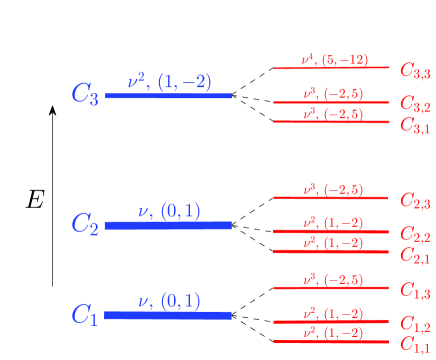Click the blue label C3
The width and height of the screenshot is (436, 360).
click(85, 95)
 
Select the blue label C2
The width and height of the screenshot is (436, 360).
click(85, 225)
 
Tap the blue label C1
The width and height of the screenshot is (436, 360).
click(85, 316)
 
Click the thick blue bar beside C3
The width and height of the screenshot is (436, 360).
click(168, 95)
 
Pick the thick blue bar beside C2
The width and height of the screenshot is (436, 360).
click(168, 225)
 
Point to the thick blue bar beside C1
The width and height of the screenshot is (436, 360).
click(168, 315)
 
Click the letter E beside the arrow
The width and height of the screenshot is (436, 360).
click(35, 200)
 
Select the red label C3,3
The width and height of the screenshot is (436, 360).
click(415, 70)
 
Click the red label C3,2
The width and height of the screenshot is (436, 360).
click(415, 104)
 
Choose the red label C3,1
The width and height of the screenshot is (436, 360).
click(415, 124)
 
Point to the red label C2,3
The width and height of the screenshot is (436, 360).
click(415, 201)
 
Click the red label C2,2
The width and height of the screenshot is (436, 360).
click(415, 234)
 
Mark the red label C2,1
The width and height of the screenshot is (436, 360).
click(415, 254)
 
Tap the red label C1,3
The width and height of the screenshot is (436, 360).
click(415, 291)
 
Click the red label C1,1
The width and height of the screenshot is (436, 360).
click(415, 345)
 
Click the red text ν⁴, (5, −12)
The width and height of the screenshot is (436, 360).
click(334, 59)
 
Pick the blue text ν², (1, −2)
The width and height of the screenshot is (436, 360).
click(169, 80)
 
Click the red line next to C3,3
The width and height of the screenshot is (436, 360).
click(331, 68)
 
